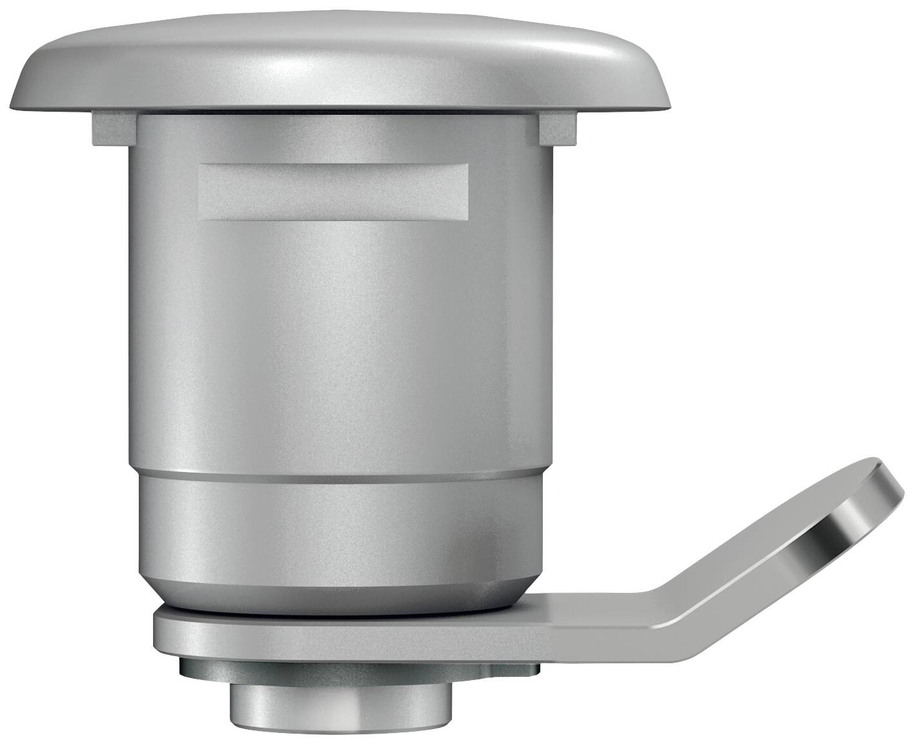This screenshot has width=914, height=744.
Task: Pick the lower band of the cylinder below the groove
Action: [340, 517]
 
